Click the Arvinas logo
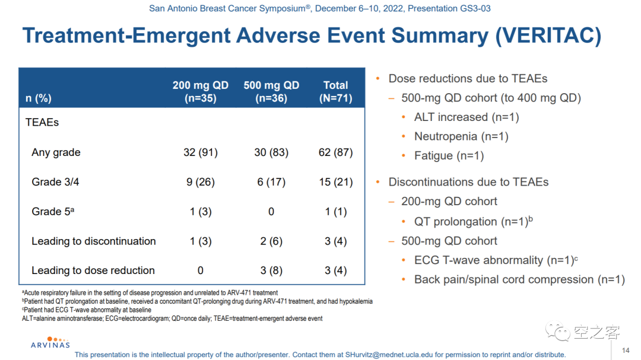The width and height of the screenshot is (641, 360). click(x=50, y=342)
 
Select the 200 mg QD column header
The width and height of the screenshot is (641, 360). click(x=200, y=92)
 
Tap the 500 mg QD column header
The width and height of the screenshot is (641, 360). click(x=271, y=92)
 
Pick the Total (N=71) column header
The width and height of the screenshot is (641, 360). click(x=335, y=92)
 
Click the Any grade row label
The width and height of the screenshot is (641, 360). click(x=56, y=152)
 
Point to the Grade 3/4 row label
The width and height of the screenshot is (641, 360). click(x=55, y=182)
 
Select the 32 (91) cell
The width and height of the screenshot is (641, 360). click(x=200, y=152)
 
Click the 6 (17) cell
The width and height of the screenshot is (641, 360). click(x=271, y=182)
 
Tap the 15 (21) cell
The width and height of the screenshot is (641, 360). click(x=335, y=182)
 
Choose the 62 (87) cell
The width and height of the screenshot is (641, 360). click(x=335, y=152)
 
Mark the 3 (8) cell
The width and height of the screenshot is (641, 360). click(x=271, y=270)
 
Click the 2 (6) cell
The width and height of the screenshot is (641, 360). click(x=271, y=241)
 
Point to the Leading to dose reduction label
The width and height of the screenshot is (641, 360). click(x=93, y=270)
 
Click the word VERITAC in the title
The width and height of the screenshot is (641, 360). click(x=548, y=36)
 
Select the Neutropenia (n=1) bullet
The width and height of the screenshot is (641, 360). click(x=461, y=136)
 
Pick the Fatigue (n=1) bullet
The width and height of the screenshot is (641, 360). click(x=449, y=156)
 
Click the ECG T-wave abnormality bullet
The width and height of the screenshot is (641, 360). click(x=496, y=260)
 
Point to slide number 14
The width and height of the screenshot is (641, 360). click(x=626, y=351)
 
